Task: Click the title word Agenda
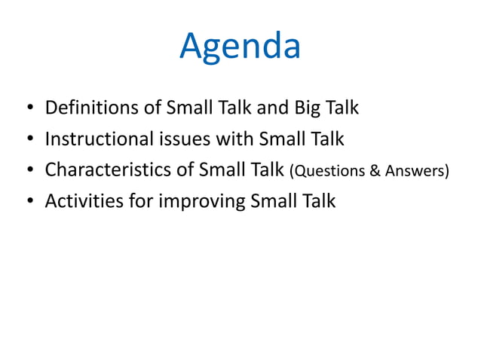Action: click(240, 47)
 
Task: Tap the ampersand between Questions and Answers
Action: click(372, 172)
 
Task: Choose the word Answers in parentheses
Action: click(415, 172)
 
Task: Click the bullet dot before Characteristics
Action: click(29, 172)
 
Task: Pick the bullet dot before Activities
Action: click(29, 203)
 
